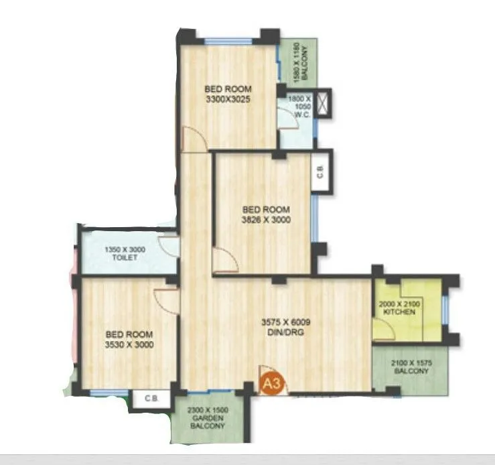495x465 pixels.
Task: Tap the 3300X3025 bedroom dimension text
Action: (x=228, y=102)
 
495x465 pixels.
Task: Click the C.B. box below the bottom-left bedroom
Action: (x=151, y=398)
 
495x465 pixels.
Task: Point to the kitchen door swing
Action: (x=383, y=328)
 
